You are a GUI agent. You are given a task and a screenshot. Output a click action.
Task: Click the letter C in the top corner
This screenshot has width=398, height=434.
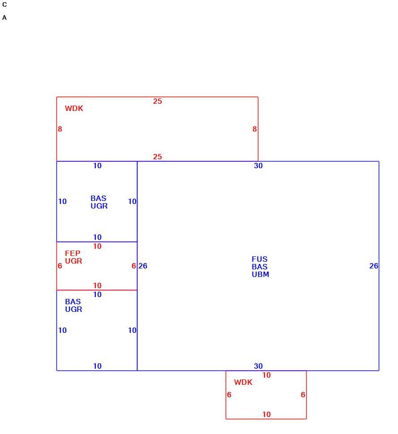click(x=4, y=5)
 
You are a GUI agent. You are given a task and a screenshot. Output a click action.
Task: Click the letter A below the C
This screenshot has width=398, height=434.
click(x=4, y=18)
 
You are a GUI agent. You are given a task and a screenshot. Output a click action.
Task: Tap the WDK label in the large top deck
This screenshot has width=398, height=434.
click(x=74, y=108)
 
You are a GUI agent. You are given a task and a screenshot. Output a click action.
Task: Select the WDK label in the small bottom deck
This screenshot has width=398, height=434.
click(x=243, y=382)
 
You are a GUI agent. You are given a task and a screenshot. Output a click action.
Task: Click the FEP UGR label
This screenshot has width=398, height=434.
click(x=73, y=257)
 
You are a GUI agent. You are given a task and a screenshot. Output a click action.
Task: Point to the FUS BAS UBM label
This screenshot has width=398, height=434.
click(x=261, y=267)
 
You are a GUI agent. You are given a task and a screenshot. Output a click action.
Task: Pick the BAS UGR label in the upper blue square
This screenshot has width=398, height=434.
click(x=99, y=202)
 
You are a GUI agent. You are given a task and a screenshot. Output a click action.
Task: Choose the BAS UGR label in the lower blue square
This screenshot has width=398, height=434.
click(x=73, y=305)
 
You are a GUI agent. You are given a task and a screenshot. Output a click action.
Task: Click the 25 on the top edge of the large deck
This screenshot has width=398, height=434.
click(x=157, y=101)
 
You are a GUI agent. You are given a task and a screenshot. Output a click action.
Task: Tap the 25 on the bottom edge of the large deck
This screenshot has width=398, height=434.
click(x=157, y=157)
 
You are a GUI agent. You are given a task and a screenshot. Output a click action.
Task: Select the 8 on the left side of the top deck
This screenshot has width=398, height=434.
click(x=60, y=129)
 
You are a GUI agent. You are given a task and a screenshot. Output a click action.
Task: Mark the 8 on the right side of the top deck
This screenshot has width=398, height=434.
click(x=255, y=129)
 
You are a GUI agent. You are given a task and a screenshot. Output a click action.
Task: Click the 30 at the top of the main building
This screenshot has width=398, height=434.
click(x=258, y=166)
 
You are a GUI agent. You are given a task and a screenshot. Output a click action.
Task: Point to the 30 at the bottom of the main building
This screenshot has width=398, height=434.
click(x=258, y=366)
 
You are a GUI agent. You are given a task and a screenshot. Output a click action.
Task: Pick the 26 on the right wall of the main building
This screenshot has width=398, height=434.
click(x=374, y=266)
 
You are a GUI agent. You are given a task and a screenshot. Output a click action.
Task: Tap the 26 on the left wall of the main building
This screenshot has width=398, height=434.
click(x=143, y=266)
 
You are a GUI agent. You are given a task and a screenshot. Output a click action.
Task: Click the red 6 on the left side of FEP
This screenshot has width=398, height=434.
click(x=60, y=266)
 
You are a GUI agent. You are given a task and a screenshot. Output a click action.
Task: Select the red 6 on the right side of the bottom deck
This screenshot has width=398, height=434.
click(x=303, y=395)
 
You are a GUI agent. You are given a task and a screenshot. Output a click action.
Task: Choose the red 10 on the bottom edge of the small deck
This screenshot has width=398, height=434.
click(x=266, y=414)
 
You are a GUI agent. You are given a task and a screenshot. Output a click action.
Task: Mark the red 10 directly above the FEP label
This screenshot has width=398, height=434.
click(x=97, y=246)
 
